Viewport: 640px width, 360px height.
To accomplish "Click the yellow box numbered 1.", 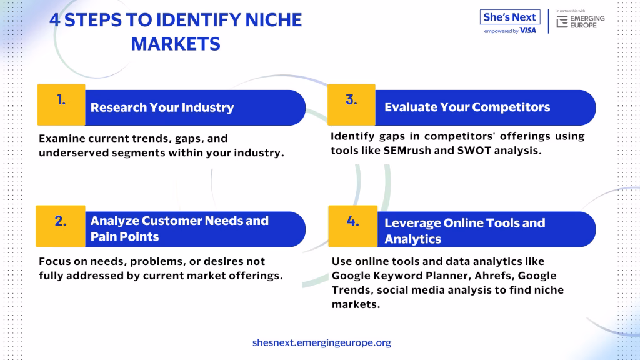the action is (x=61, y=104).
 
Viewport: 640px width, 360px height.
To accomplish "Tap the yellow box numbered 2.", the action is (x=61, y=226).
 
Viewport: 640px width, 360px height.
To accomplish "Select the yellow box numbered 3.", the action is (x=351, y=104).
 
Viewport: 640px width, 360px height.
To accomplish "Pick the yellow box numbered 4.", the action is (x=353, y=226).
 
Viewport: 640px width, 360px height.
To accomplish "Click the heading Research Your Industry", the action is (x=162, y=107).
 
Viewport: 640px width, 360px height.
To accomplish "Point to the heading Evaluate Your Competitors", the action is (x=467, y=107).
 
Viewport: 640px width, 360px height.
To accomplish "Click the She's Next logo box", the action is (x=510, y=17).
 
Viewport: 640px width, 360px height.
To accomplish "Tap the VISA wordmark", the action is (x=527, y=31).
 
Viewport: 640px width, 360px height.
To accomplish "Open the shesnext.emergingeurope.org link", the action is (x=322, y=342).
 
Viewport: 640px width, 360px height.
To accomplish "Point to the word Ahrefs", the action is (x=494, y=276).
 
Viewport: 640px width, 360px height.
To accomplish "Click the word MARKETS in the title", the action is (x=176, y=44).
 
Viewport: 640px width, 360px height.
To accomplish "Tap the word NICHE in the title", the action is (x=274, y=20).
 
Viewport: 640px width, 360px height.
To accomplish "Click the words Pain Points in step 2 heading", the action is (x=124, y=237).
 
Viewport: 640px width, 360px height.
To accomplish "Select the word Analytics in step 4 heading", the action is (x=412, y=239).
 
